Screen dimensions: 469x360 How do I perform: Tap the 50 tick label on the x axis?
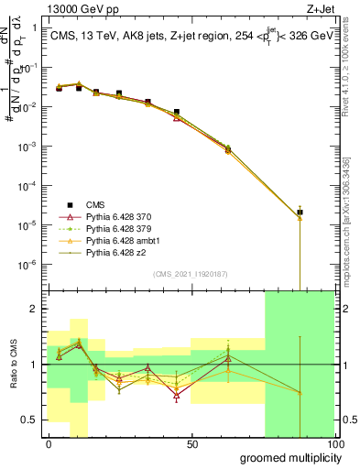192,444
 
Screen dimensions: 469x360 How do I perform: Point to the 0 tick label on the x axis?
49,444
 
